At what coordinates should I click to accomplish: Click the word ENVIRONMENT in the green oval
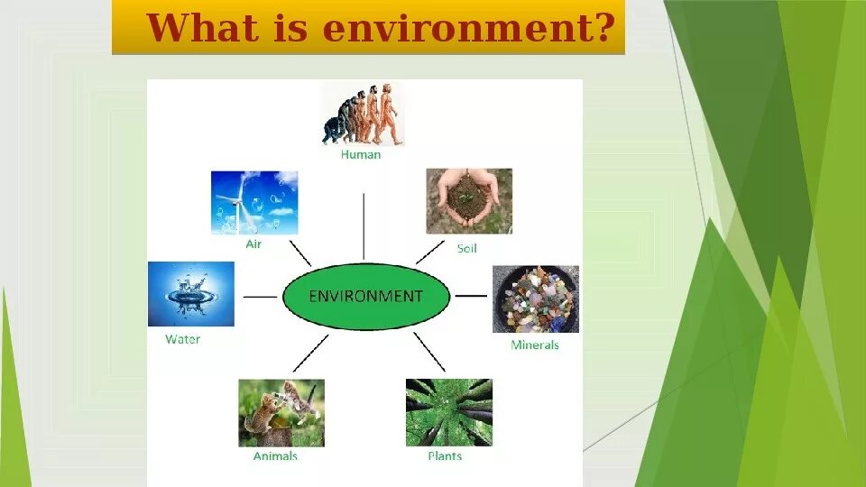click(x=365, y=297)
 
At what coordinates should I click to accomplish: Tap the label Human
click(x=361, y=154)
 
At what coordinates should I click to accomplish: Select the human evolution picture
click(x=363, y=115)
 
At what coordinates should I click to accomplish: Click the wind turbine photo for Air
click(x=254, y=203)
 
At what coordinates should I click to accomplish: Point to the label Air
click(x=253, y=244)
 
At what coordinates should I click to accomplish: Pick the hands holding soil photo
click(x=469, y=201)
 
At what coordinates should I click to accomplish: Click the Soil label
click(x=466, y=249)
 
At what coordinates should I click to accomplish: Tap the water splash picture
click(x=191, y=294)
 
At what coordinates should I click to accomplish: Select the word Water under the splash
click(x=183, y=339)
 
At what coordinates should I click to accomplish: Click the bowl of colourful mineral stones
click(x=536, y=299)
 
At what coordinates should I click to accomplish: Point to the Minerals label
click(x=535, y=345)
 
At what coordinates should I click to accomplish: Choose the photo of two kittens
click(x=281, y=413)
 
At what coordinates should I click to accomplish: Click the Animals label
click(x=275, y=456)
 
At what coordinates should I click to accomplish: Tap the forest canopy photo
click(x=449, y=412)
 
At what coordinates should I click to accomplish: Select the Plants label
click(x=445, y=456)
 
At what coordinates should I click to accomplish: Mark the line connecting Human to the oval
click(x=364, y=226)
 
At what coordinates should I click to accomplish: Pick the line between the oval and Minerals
click(x=471, y=296)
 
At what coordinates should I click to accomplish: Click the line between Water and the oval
click(x=260, y=297)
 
